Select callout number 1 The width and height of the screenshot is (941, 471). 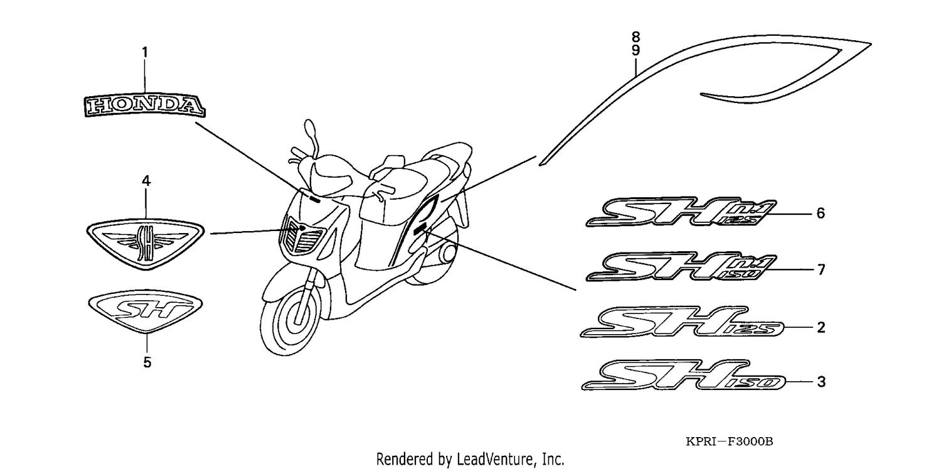pos(145,53)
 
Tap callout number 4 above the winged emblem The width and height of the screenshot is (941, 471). pos(146,181)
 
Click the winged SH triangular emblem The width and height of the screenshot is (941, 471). pos(146,244)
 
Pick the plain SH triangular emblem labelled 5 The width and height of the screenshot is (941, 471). pos(146,310)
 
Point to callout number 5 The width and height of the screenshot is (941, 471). pos(147,362)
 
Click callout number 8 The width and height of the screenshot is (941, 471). pos(635,36)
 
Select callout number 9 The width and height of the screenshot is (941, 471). pos(635,50)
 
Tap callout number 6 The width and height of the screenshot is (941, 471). pos(821,214)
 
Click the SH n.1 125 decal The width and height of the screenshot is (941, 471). pos(681,212)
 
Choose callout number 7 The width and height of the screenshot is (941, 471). pos(821,269)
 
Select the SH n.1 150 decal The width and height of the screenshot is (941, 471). pos(681,266)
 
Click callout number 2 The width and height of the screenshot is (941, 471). pos(821,327)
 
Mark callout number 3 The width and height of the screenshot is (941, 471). pos(821,382)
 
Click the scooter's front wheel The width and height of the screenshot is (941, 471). pos(290,320)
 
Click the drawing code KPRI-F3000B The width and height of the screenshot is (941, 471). pos(729,441)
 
